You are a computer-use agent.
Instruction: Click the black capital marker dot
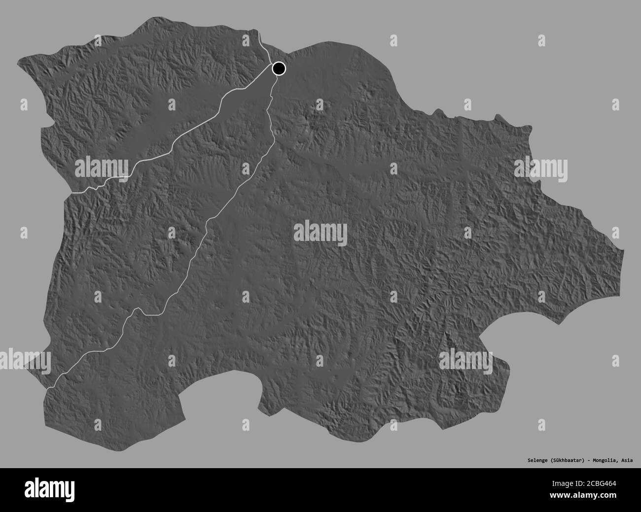coord(279,68)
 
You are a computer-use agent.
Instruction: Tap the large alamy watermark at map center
coord(320,232)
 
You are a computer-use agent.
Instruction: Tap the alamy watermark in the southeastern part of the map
coord(465,358)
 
